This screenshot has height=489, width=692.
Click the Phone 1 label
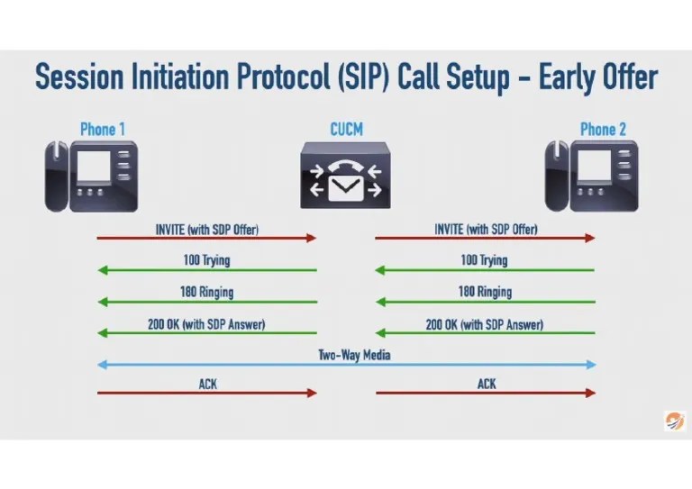[103, 129]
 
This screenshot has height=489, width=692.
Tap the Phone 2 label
[603, 129]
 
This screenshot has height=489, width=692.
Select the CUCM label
[346, 129]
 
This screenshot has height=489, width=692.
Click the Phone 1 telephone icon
[91, 176]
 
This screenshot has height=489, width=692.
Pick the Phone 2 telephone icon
[591, 176]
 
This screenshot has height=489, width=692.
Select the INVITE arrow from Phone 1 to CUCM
[207, 238]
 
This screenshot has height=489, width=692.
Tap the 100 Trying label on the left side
[206, 260]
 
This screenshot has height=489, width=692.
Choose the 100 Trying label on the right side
[484, 260]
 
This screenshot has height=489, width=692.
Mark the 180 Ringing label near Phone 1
[206, 292]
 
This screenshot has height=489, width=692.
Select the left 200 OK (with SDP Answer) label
[206, 323]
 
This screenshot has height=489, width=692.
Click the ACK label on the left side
[207, 384]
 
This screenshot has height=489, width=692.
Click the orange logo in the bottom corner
[674, 421]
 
